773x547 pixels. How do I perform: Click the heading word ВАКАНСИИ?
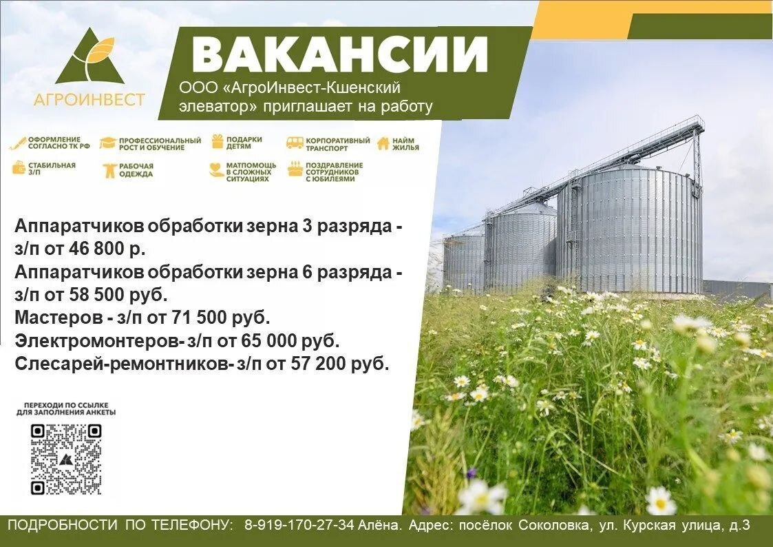(x=339, y=54)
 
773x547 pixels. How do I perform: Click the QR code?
(x=66, y=460)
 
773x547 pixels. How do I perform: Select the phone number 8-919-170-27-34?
(x=299, y=525)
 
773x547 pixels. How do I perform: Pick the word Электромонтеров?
(x=98, y=341)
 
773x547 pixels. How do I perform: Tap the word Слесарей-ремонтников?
(x=123, y=364)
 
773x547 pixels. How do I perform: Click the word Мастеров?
(x=59, y=317)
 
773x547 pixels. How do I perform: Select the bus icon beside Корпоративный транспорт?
(x=295, y=143)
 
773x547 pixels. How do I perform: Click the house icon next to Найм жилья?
(x=383, y=143)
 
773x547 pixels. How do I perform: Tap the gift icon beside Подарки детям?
(x=218, y=141)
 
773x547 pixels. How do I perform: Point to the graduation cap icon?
(x=107, y=143)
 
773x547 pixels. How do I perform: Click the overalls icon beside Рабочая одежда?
(x=109, y=171)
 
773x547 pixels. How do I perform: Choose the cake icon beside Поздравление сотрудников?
(x=295, y=169)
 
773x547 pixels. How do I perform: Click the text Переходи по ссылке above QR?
(x=66, y=406)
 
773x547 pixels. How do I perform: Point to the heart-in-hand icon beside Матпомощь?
(x=216, y=170)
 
